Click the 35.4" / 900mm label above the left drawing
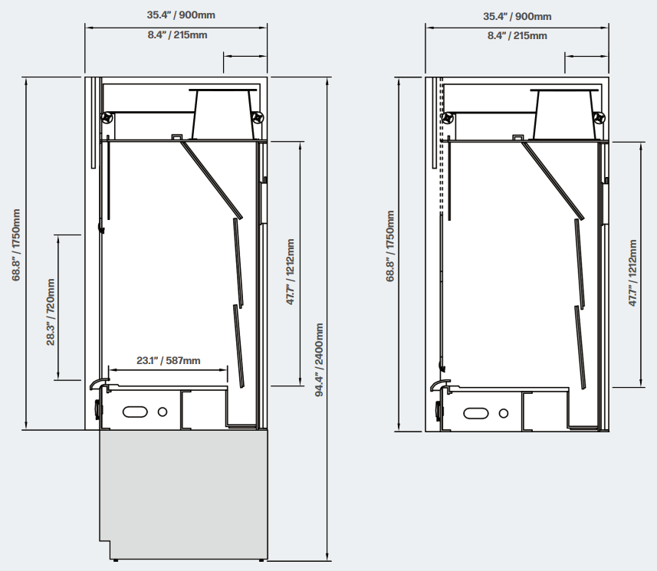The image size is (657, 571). (181, 15)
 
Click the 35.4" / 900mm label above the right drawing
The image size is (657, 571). (517, 16)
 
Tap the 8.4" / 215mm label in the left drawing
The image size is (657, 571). (177, 34)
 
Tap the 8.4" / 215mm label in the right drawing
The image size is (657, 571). (517, 35)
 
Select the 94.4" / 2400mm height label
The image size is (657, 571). (319, 360)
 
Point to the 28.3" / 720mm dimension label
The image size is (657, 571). (51, 312)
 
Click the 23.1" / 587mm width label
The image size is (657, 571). (168, 360)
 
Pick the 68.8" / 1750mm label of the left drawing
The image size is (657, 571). (16, 245)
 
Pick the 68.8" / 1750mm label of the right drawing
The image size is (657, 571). (390, 246)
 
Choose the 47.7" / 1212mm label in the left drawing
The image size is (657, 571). (290, 272)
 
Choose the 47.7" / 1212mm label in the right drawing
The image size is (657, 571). (632, 273)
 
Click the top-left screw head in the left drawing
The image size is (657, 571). (107, 118)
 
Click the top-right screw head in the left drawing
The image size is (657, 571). (258, 118)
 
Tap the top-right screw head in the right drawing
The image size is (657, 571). (600, 119)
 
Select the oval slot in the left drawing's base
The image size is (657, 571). (135, 412)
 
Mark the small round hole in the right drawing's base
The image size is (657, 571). (504, 413)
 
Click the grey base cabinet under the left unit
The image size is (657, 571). (183, 494)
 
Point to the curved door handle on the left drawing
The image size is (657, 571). (100, 383)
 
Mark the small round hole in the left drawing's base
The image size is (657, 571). (163, 412)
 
